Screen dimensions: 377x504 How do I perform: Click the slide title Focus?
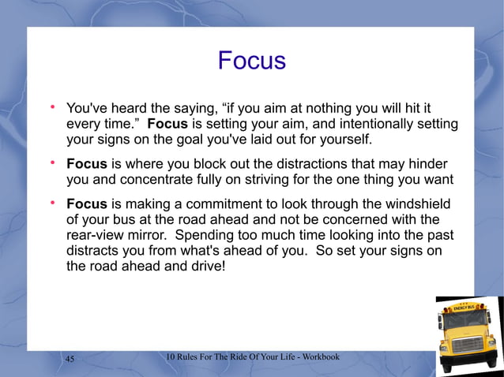tap(251, 61)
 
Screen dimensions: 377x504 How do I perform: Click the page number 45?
tap(70, 359)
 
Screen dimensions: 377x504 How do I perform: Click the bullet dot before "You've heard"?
tap(52, 106)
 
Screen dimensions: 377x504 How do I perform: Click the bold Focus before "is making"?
tap(86, 204)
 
